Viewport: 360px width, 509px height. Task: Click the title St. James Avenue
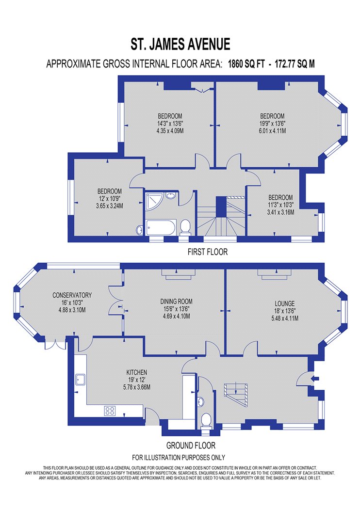click(x=180, y=44)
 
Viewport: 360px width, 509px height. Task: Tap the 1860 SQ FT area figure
click(x=246, y=64)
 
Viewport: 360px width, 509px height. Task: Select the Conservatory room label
click(x=72, y=295)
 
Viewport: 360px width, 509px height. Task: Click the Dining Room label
click(x=177, y=301)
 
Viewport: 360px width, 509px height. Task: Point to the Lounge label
click(x=285, y=303)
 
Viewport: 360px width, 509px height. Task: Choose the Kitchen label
click(x=137, y=372)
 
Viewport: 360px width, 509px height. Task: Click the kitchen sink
click(x=80, y=380)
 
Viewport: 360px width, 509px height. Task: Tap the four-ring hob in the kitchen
click(x=110, y=411)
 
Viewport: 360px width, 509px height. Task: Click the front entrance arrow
click(x=315, y=378)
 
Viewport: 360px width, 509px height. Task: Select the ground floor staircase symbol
click(x=236, y=395)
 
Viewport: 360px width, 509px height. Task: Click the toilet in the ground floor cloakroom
click(x=206, y=421)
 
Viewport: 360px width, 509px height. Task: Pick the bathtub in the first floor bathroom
click(x=161, y=227)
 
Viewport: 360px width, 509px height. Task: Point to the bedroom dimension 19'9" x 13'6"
click(x=272, y=123)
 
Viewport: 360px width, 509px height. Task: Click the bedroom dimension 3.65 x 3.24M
click(x=110, y=206)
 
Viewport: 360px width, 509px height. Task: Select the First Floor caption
click(x=208, y=252)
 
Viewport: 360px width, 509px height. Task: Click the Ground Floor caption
click(x=191, y=445)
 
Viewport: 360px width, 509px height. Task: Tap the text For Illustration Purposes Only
click(x=179, y=458)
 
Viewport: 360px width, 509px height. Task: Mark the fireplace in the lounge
click(x=273, y=275)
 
